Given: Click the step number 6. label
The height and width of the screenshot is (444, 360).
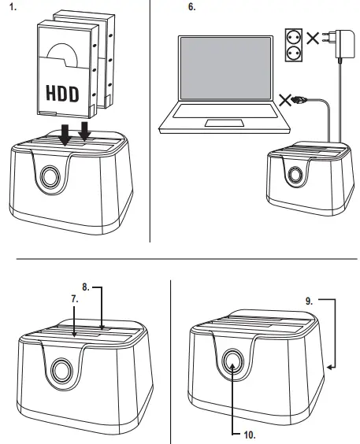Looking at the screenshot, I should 191,7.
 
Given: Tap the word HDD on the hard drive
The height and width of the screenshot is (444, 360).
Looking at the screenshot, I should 61,93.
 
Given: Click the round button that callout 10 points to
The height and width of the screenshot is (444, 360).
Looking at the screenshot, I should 234,361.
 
